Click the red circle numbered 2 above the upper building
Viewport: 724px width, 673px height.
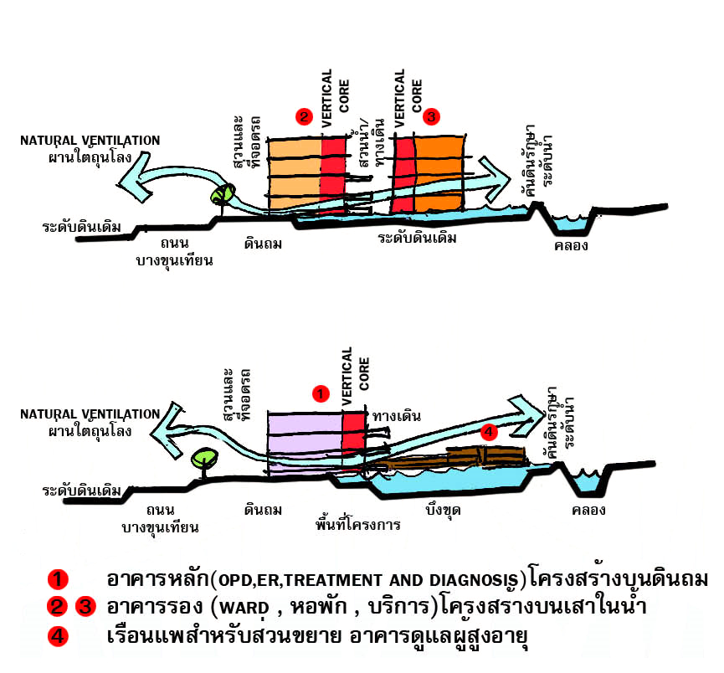(304, 116)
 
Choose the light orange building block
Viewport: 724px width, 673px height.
(293, 167)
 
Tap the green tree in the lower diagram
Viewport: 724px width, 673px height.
(203, 459)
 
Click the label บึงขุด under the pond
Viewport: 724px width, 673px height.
(444, 509)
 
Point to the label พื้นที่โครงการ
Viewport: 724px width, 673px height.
(358, 526)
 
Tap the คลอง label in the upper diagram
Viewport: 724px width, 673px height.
(572, 246)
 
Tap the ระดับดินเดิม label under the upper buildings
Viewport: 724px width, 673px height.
(417, 238)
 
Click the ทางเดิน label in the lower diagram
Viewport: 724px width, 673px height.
(397, 416)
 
